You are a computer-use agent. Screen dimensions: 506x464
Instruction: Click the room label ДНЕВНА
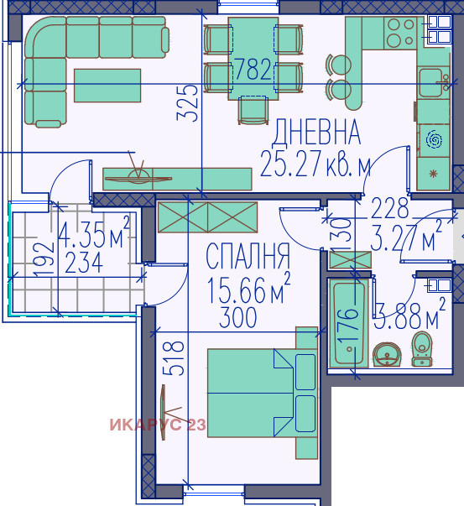(x=317, y=133)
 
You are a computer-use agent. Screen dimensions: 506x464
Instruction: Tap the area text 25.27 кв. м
(x=315, y=164)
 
